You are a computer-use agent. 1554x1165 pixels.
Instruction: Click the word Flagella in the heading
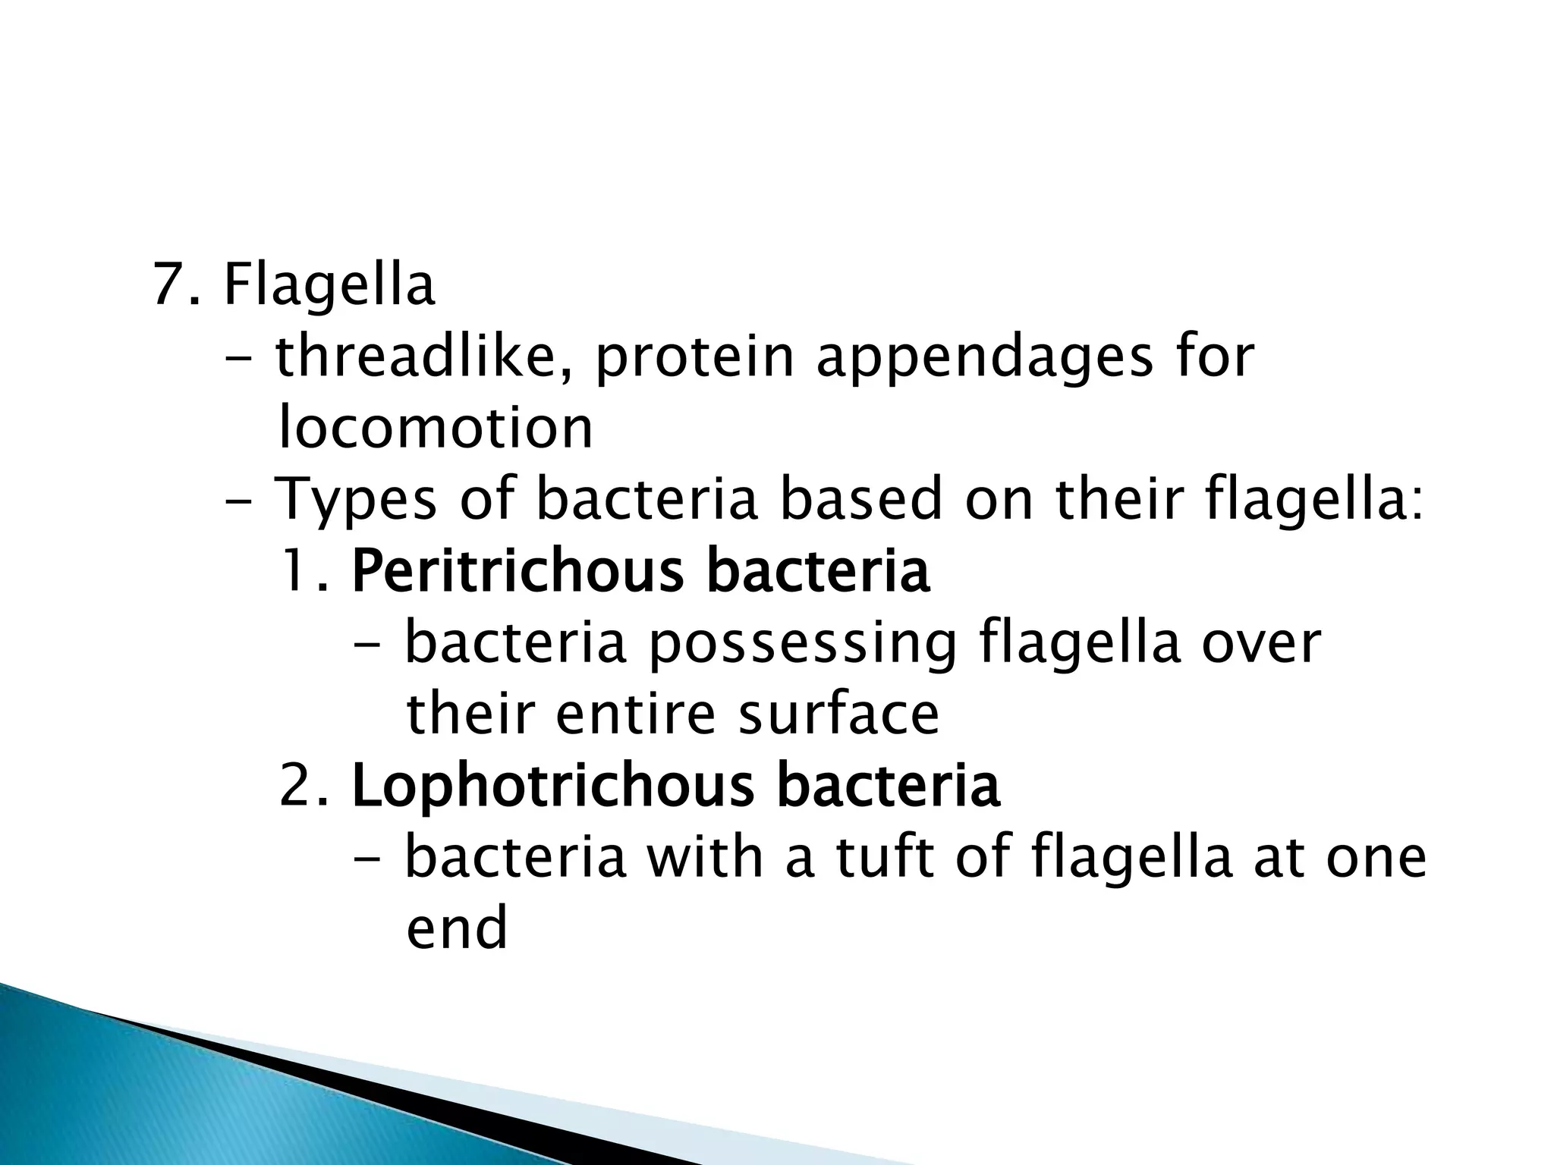point(329,286)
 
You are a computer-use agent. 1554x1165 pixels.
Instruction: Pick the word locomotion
point(435,428)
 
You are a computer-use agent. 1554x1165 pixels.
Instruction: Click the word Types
point(355,501)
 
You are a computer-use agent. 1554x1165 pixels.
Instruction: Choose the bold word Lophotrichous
point(553,787)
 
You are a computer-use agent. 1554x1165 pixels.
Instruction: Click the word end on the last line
point(456,928)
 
